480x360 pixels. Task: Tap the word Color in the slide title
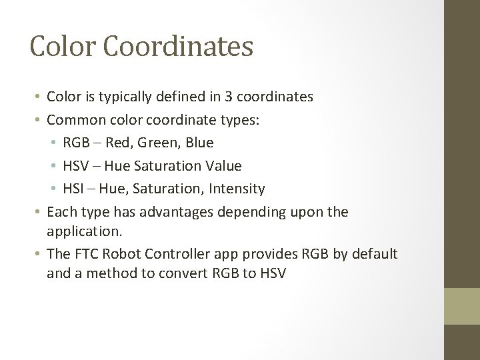coord(58,47)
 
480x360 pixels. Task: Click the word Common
coord(74,119)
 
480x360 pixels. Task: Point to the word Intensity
coord(237,188)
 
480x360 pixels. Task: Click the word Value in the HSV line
coord(224,165)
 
